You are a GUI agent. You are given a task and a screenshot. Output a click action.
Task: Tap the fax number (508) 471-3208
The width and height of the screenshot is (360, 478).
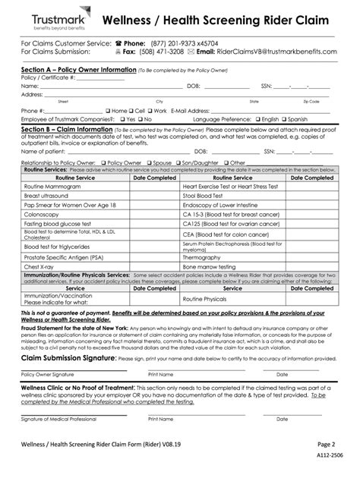(x=176, y=52)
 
